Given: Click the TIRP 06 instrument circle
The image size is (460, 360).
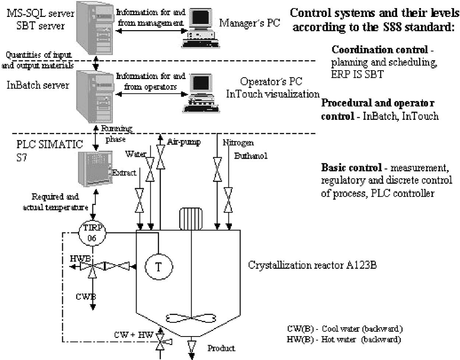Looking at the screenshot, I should tap(92, 233).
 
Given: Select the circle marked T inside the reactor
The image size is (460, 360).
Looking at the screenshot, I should tap(158, 267).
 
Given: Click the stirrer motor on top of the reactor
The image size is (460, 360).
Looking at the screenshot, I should tap(191, 218).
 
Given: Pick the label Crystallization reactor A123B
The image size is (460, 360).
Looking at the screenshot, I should tap(312, 265).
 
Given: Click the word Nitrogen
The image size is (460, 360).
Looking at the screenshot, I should tap(238, 142).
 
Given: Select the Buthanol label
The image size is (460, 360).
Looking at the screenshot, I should tap(251, 156).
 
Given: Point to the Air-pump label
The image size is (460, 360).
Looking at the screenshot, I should tap(184, 142).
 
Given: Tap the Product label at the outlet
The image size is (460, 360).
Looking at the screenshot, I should tap(221, 348).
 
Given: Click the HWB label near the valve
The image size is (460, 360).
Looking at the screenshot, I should tap(80, 259).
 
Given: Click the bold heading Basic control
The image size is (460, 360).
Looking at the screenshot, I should tap(352, 168).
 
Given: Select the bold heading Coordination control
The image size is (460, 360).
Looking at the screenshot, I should tap(380, 50).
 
